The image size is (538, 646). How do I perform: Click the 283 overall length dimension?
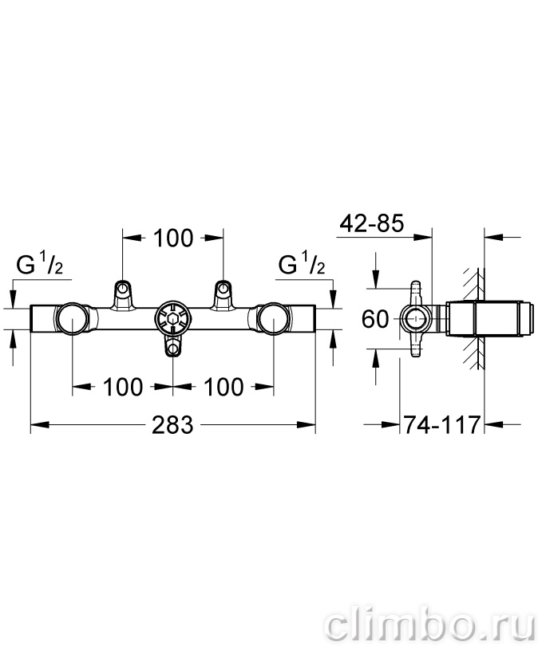pyautogui.click(x=172, y=425)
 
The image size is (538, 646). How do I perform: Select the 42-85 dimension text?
pyautogui.click(x=371, y=224)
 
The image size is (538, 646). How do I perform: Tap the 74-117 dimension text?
pyautogui.click(x=441, y=424)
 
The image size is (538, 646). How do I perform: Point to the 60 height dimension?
pyautogui.click(x=375, y=319)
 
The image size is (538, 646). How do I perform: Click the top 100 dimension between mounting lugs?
pyautogui.click(x=173, y=238)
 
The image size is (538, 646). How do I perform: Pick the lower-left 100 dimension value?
pyautogui.click(x=122, y=388)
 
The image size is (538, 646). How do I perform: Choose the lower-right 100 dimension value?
pyautogui.click(x=224, y=388)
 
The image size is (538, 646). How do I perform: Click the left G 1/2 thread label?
pyautogui.click(x=40, y=264)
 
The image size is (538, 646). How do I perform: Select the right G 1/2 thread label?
pyautogui.click(x=303, y=264)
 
